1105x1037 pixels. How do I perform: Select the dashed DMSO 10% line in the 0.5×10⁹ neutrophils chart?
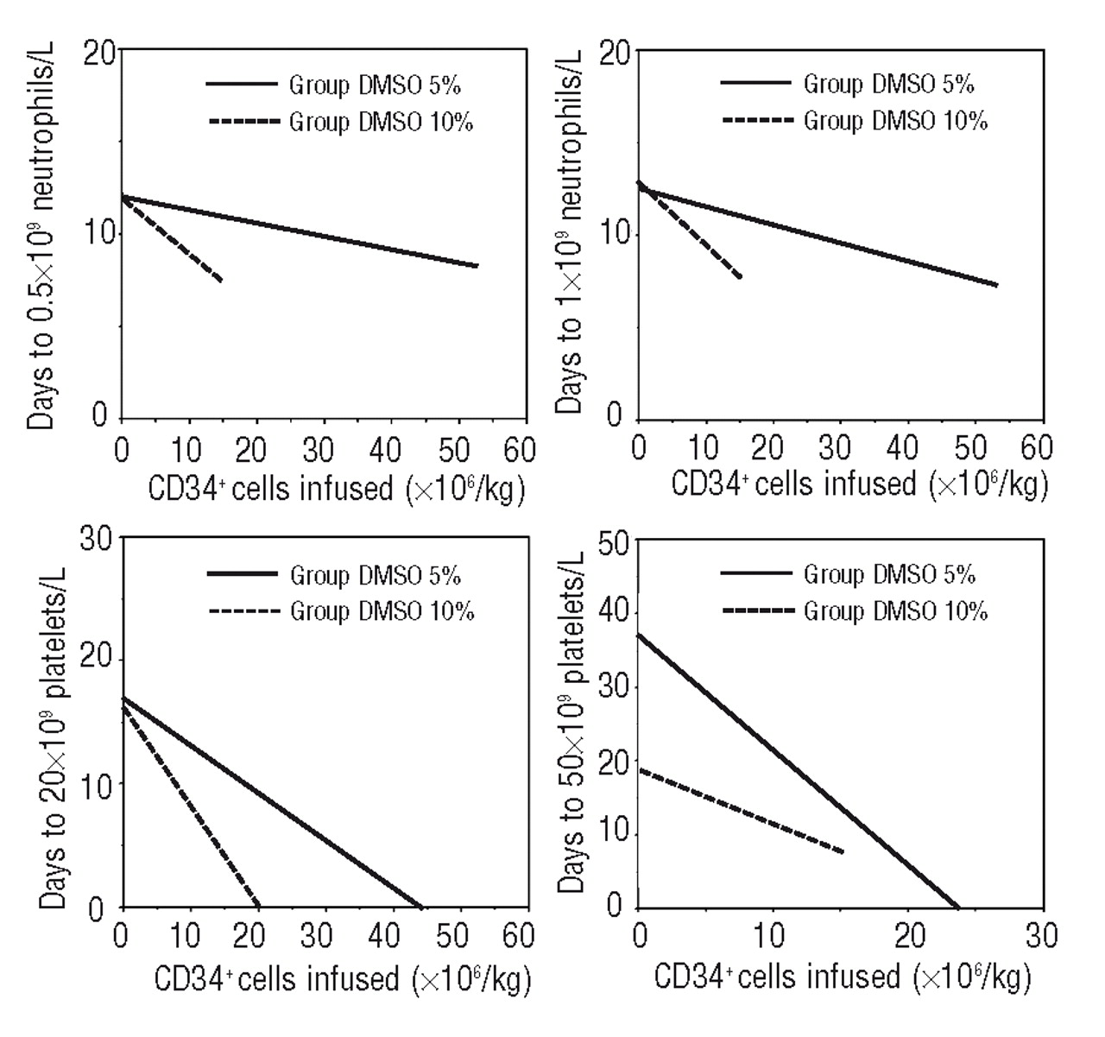(173, 239)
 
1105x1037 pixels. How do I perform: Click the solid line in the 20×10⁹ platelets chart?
(259, 805)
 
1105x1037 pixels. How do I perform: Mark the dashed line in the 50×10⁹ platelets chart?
(742, 811)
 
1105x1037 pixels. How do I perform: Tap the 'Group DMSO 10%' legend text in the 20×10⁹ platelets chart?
(382, 611)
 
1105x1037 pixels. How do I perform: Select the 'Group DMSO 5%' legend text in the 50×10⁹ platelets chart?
(889, 574)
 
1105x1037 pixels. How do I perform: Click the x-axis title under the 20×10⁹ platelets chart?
(342, 980)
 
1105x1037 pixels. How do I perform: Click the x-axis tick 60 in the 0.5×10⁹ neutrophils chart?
(518, 450)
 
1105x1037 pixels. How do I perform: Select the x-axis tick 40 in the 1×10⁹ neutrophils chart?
(902, 448)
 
